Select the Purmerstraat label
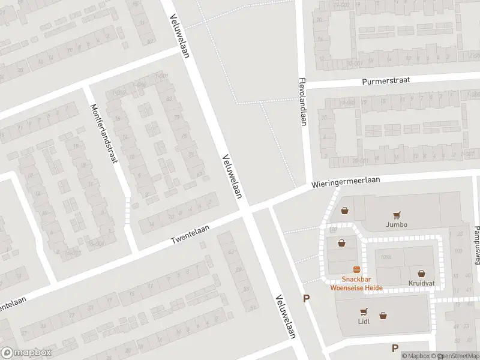tap(386, 81)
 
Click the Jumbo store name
tap(397, 225)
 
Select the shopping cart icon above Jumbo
tap(397, 215)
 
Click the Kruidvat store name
tap(421, 283)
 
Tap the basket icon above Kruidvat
tap(421, 273)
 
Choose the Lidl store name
tap(364, 321)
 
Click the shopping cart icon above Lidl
tap(364, 311)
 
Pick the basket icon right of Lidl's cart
tap(383, 315)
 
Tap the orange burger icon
tap(356, 270)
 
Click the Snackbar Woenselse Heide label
tap(356, 283)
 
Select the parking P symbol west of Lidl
tap(307, 298)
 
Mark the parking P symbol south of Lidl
tap(395, 348)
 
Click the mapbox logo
tap(26, 353)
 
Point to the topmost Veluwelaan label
tap(179, 36)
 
